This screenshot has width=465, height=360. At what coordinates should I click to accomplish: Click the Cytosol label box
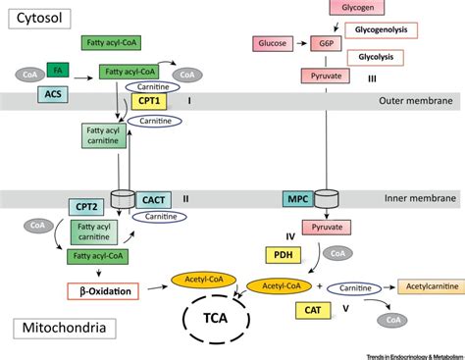[36, 18]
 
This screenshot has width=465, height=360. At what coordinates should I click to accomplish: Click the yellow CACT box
[154, 199]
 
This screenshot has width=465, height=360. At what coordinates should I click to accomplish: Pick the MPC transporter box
[298, 199]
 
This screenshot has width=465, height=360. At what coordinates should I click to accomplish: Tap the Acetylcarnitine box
[429, 286]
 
